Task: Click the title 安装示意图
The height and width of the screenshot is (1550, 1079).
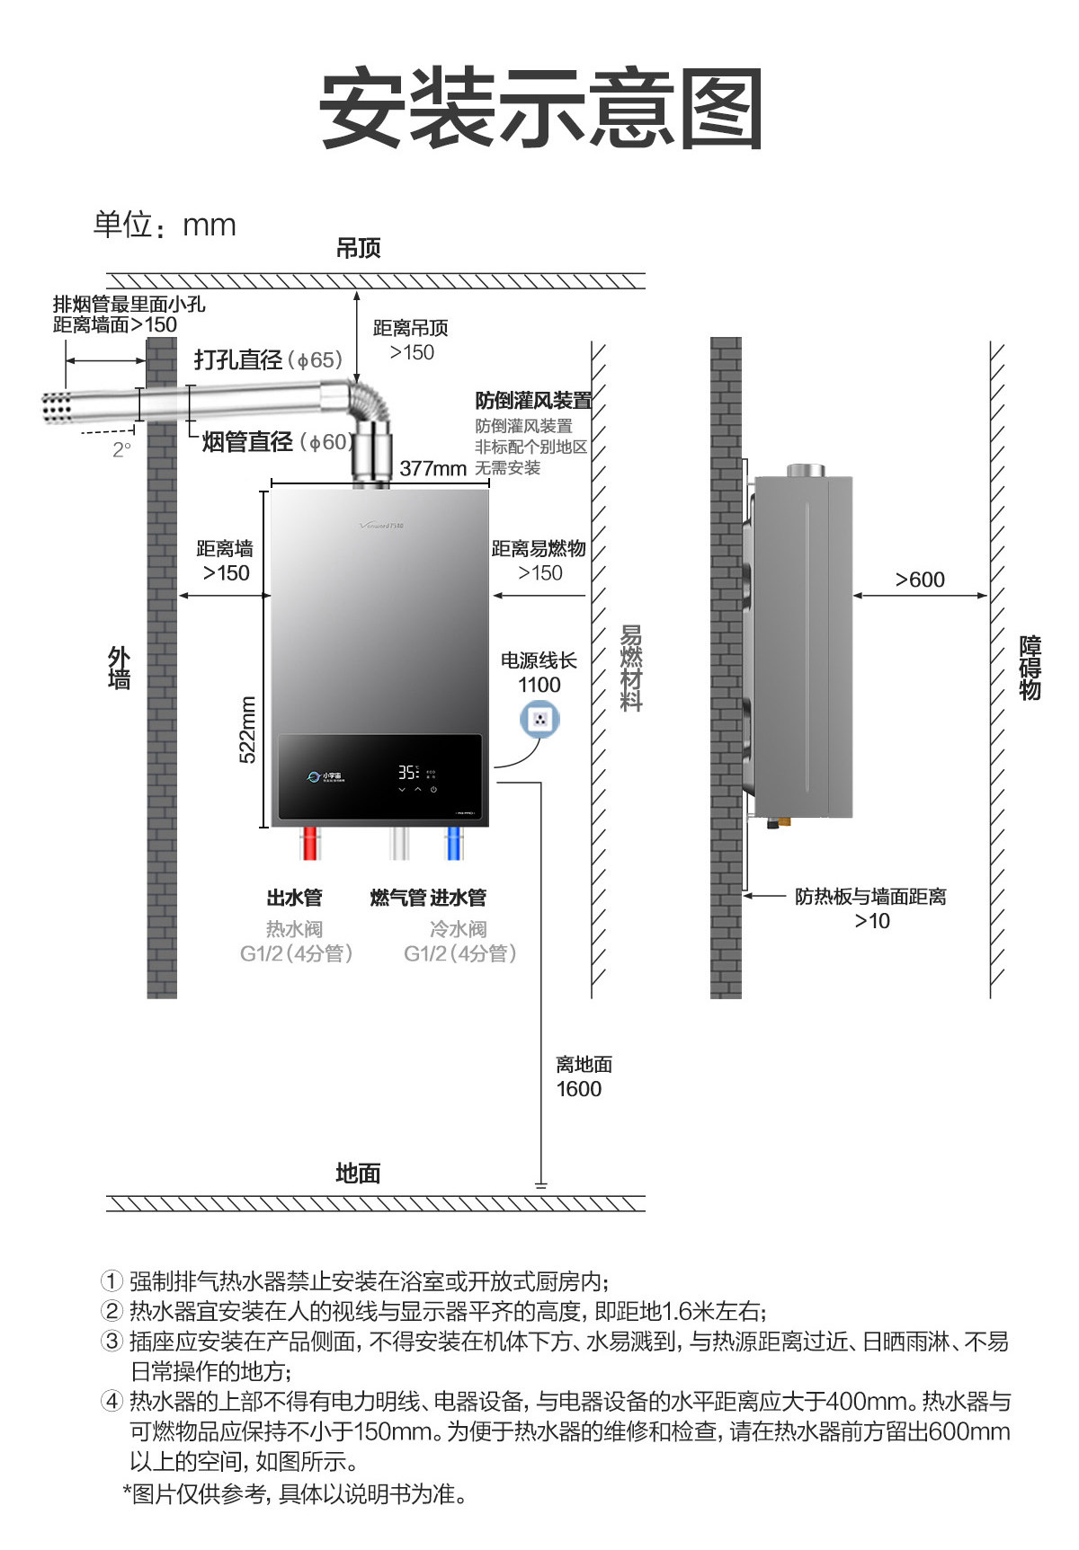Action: tap(541, 110)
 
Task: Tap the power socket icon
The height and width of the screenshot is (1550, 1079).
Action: tap(539, 719)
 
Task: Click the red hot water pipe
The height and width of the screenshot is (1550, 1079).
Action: tap(309, 843)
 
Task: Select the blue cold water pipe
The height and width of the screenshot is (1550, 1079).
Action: tap(455, 843)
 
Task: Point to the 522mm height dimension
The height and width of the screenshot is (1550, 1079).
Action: tap(248, 730)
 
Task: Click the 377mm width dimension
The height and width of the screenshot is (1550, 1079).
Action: tap(432, 468)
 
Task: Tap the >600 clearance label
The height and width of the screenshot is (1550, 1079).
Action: tap(920, 580)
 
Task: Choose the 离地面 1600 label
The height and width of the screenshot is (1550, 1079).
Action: tap(583, 1076)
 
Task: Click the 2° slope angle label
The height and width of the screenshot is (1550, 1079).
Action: tap(121, 449)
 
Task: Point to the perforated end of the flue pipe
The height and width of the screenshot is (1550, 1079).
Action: tap(57, 408)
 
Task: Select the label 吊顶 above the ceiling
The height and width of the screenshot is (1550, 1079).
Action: tap(358, 248)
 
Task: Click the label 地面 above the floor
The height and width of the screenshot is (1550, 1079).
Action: tap(358, 1173)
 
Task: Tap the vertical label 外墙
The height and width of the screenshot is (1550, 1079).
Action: tap(119, 668)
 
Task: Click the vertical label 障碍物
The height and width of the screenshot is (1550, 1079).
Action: tap(1030, 668)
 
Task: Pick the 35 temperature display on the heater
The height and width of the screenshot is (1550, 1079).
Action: tap(407, 773)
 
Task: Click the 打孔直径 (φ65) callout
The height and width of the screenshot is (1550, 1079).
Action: tap(268, 360)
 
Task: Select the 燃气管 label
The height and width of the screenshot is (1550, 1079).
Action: tap(397, 898)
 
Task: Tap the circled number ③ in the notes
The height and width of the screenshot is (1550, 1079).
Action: tap(111, 1341)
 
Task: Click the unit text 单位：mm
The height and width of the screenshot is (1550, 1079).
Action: tap(165, 225)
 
